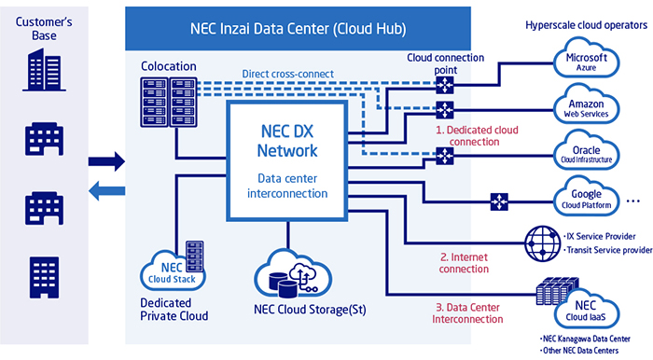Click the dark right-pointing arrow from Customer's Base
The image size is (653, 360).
coord(105,161)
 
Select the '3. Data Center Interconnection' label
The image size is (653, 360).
coord(466,312)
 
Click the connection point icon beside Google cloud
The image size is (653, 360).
coord(498,201)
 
